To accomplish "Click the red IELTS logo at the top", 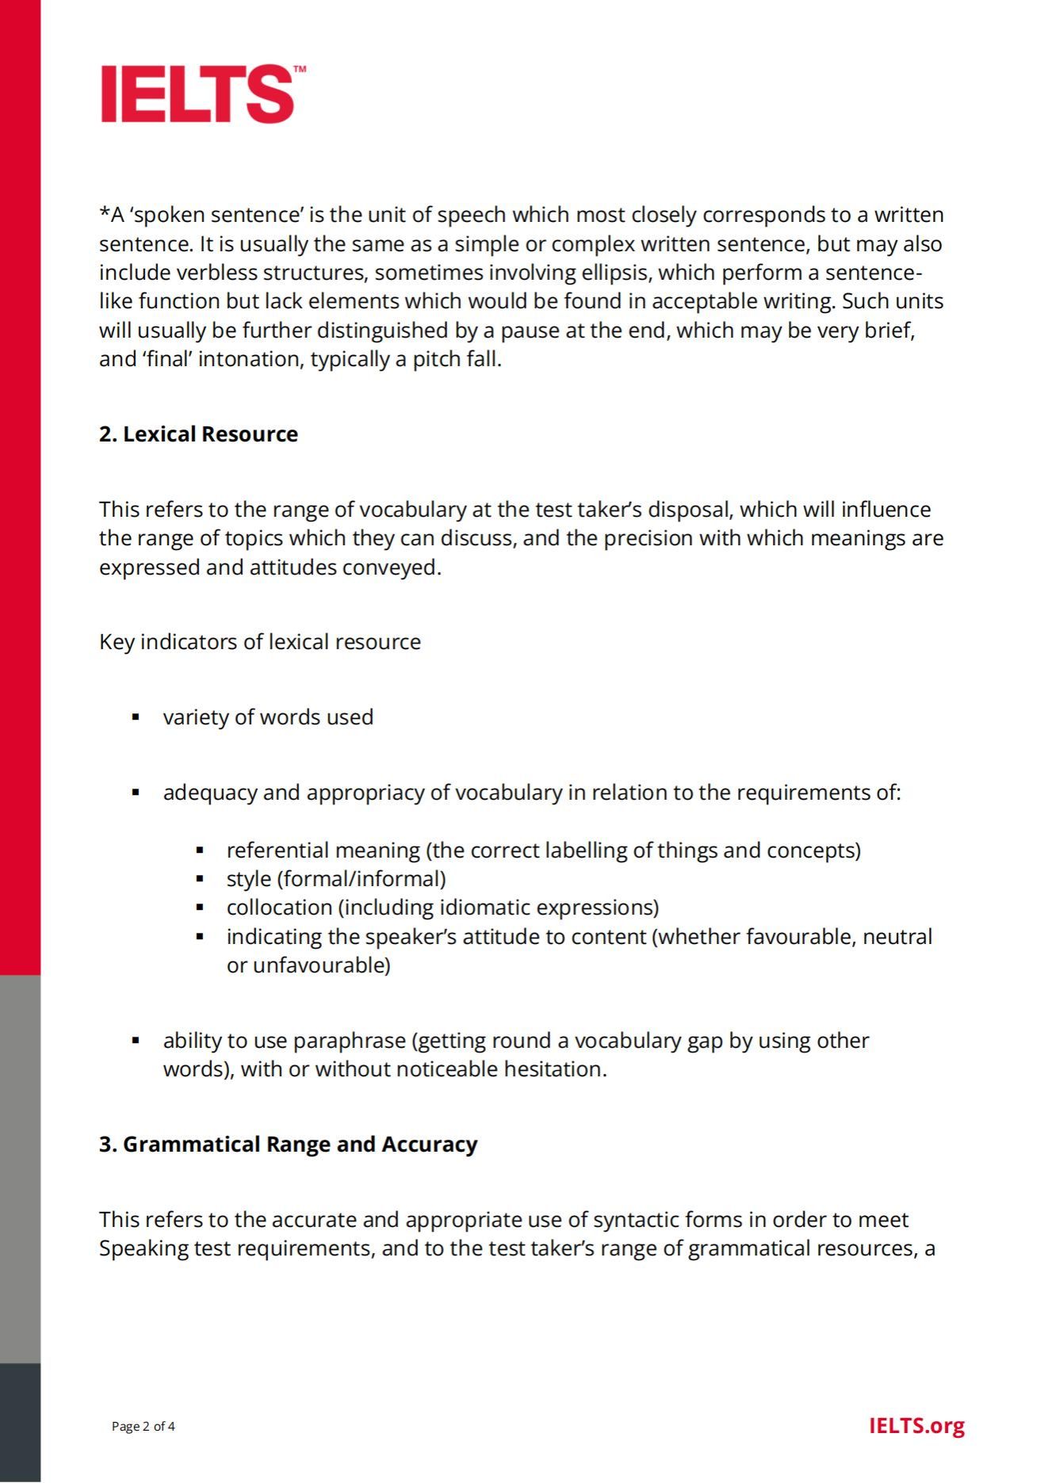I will [198, 94].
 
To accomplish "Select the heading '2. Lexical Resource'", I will [198, 434].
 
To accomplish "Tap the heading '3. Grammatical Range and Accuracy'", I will [288, 1145].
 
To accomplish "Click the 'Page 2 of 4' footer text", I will [143, 1427].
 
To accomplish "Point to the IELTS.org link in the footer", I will [916, 1426].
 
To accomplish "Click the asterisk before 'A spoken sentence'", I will [105, 213].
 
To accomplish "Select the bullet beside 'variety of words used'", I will [136, 717].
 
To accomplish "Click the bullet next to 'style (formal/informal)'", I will [200, 879].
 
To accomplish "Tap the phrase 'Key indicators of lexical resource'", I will [260, 642].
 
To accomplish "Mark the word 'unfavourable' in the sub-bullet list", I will [321, 965].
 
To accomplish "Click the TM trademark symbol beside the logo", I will [300, 70].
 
